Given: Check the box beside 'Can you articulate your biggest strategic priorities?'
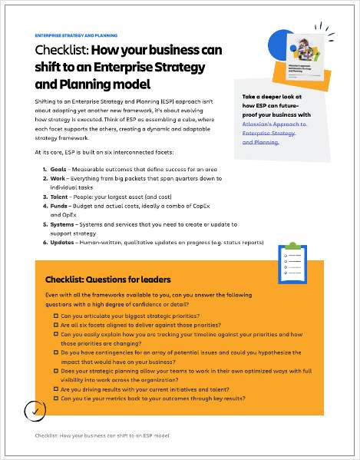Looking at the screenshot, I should [56, 316].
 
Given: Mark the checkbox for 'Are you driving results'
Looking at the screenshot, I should [56, 389].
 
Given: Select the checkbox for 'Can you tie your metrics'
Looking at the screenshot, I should [56, 399].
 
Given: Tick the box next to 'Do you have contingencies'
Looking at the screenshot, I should [56, 352].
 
